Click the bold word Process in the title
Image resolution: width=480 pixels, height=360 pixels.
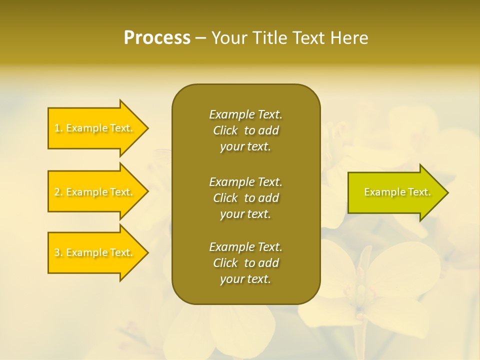[157, 38]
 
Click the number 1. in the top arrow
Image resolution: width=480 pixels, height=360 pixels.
[58, 128]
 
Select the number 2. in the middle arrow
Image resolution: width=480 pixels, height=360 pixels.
[58, 192]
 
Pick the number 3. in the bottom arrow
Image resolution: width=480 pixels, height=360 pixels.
[58, 252]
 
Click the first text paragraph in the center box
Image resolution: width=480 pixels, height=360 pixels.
[245, 130]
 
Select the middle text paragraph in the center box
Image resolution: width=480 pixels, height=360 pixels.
[245, 198]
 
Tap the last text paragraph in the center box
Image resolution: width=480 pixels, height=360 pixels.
[245, 263]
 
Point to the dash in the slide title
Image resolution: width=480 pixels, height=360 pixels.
[200, 38]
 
